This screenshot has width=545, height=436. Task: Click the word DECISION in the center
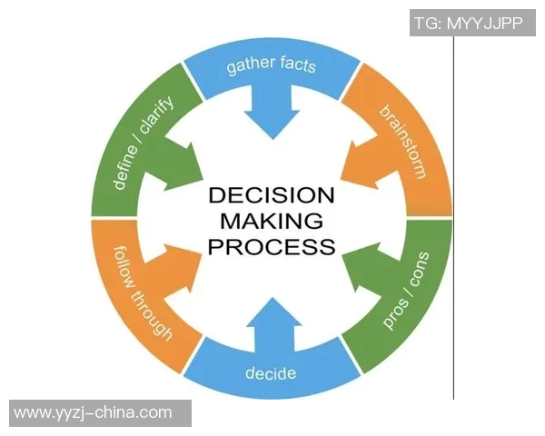coord(272,196)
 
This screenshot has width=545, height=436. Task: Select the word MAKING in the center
coord(272,221)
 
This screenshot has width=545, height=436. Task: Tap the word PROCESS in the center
coord(272,245)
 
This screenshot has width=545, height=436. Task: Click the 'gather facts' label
coord(271,65)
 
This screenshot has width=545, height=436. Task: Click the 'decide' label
coord(271,372)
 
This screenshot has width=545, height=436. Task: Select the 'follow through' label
coord(142,291)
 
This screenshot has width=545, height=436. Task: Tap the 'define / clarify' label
coord(144,143)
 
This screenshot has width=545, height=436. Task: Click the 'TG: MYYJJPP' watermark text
coord(469,24)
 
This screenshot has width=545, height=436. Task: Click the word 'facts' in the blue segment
coord(298,65)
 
